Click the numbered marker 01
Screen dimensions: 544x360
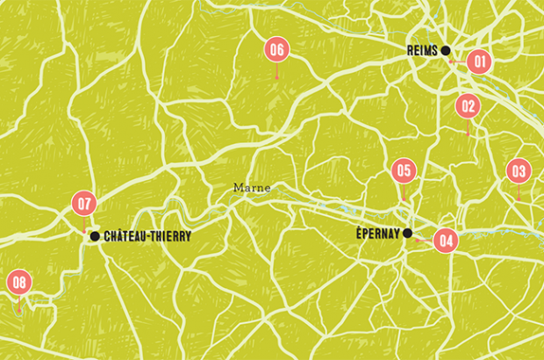[x=479, y=61]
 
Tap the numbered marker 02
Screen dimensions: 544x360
[x=468, y=106]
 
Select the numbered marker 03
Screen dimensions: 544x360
[x=519, y=171]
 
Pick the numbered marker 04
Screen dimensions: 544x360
[x=446, y=240]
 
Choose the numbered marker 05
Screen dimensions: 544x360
[x=404, y=170]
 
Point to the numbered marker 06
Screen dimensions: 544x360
[x=277, y=50]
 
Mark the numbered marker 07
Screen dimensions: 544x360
[x=84, y=204]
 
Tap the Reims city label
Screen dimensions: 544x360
[x=423, y=51]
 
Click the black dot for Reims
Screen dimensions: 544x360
[x=446, y=50]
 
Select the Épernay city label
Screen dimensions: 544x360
[x=378, y=234]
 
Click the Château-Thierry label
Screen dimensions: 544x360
[x=147, y=236]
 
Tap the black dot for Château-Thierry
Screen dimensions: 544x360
[x=95, y=235]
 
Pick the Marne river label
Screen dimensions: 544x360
[x=252, y=187]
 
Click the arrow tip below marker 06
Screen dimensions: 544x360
[x=277, y=80]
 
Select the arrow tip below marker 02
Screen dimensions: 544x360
[x=468, y=134]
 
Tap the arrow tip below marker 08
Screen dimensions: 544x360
[x=19, y=311]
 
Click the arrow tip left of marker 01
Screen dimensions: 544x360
[x=448, y=61]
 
